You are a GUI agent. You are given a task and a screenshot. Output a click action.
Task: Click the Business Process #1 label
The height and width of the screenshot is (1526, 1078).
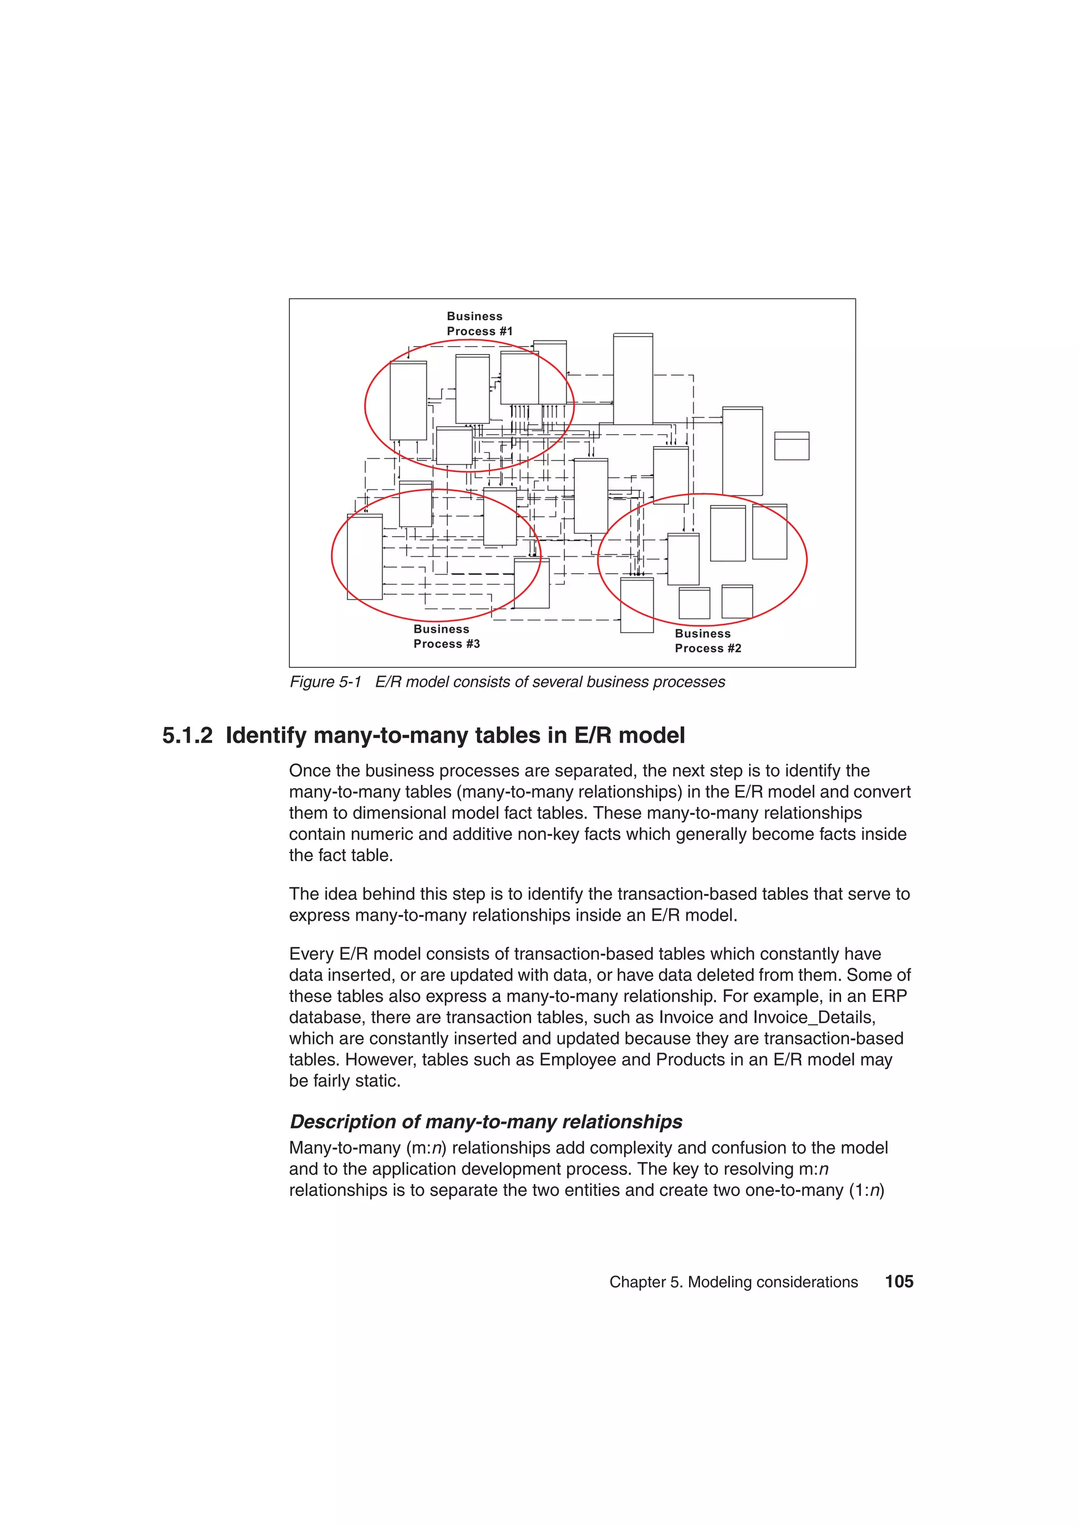(479, 323)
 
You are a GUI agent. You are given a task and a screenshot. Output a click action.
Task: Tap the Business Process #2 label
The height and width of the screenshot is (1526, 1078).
(707, 641)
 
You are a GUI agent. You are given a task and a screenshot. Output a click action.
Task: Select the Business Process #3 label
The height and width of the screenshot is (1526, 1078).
(446, 636)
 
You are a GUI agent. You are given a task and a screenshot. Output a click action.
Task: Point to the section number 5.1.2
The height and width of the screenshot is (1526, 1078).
(187, 736)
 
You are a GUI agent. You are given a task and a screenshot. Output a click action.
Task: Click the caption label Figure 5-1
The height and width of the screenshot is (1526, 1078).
(325, 682)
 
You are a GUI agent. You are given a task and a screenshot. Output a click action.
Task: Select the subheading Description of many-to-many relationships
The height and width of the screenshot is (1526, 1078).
(485, 1121)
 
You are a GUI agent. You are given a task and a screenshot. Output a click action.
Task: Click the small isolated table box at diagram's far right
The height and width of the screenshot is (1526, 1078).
(791, 446)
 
